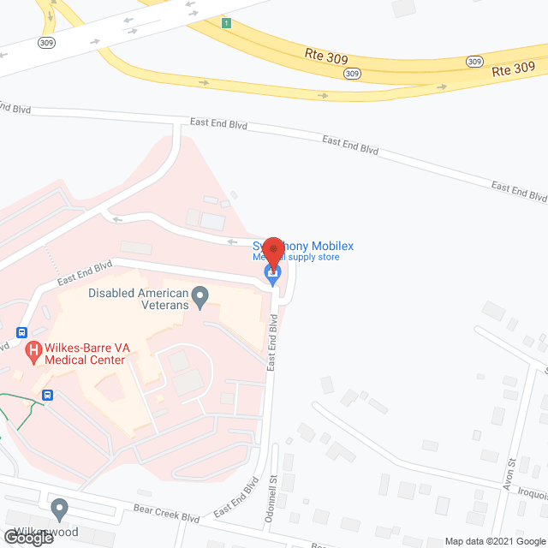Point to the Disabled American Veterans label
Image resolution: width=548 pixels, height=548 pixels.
137,299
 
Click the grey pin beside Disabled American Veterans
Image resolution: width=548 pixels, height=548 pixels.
200,297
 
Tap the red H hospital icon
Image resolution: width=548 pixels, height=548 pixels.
34,350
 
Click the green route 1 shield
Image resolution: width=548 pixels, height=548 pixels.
225,23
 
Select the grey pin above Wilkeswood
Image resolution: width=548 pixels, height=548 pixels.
59,509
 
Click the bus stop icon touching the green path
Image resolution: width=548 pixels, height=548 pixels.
48,395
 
